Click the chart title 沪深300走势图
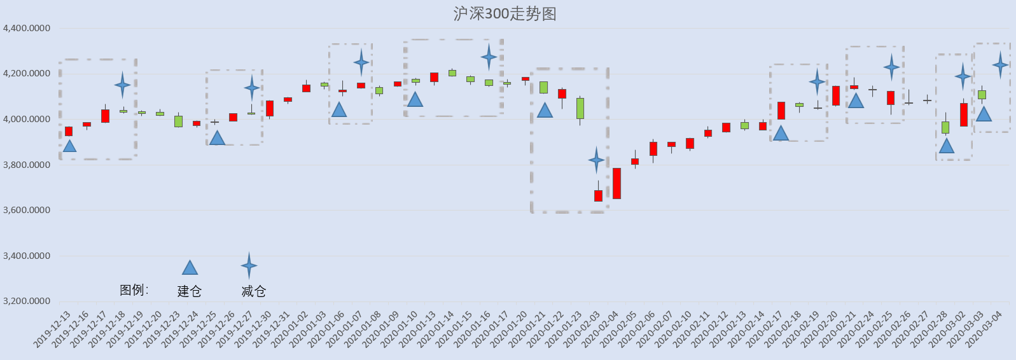coord(505,14)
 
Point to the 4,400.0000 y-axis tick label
coord(27,28)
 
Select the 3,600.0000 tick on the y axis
coord(27,210)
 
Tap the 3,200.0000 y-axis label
coord(27,301)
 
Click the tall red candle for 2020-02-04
coord(617,183)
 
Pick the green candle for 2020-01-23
coord(580,108)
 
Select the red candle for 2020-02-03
coord(598,195)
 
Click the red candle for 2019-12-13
coord(69,131)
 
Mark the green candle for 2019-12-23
coord(178,121)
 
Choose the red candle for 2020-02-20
coord(836,95)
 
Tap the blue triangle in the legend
coord(190,268)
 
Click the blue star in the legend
coord(249,266)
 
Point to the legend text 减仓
coord(254,291)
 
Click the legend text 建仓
coord(189,291)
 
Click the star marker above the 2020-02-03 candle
coord(597,160)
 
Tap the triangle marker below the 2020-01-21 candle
coord(545,110)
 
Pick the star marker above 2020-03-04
coord(1001,65)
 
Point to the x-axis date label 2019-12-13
coord(52,329)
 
